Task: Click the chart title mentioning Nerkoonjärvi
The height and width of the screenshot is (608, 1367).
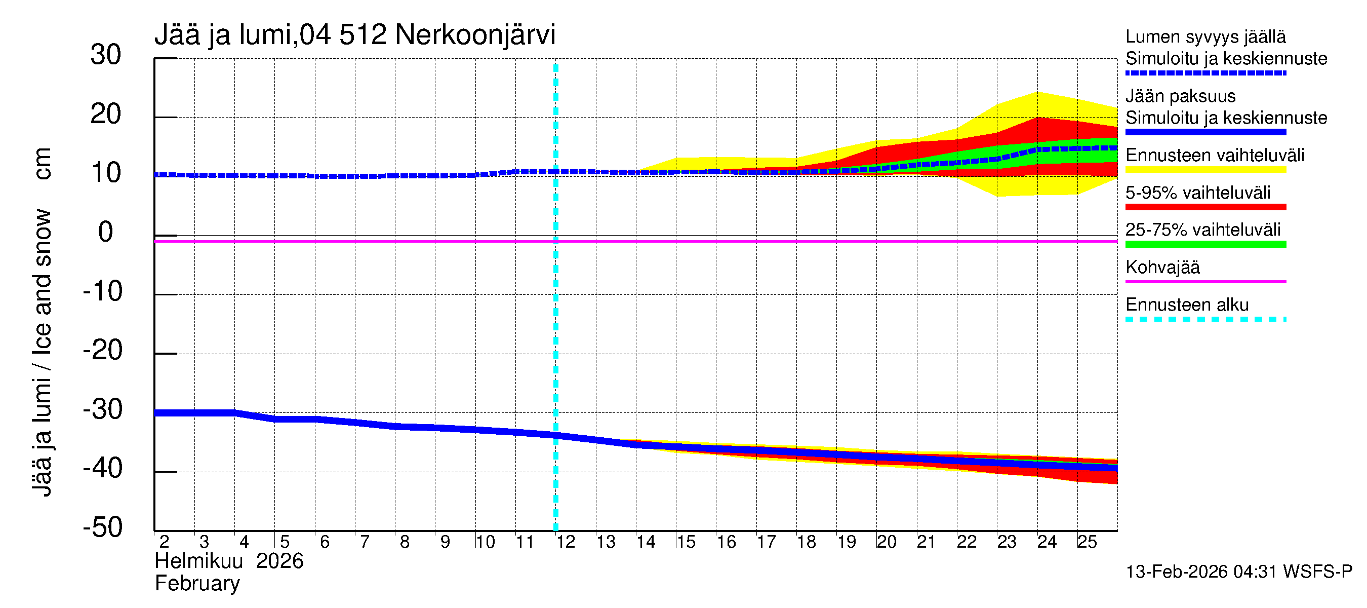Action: click(x=354, y=35)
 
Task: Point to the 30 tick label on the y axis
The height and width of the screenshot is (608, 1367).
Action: click(x=106, y=55)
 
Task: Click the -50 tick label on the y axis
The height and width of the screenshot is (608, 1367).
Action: click(x=103, y=527)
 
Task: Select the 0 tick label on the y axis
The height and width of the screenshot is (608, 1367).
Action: click(x=106, y=232)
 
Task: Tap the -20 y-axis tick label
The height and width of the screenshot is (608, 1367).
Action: click(x=103, y=351)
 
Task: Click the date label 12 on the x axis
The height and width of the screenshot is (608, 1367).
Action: click(x=566, y=542)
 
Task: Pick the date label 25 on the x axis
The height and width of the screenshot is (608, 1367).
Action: click(x=1087, y=542)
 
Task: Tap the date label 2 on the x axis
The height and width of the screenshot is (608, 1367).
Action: click(x=164, y=542)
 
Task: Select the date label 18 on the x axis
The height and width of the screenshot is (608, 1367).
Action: click(x=806, y=542)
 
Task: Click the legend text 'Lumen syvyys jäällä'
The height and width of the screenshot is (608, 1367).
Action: click(x=1205, y=36)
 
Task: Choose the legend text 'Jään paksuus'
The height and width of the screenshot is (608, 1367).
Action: click(x=1181, y=96)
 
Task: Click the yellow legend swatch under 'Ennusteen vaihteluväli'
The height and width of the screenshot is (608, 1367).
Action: click(x=1205, y=169)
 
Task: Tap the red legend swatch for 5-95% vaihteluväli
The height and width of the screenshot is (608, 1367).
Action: click(x=1205, y=207)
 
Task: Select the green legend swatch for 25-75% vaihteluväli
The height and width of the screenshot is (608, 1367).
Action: click(x=1205, y=244)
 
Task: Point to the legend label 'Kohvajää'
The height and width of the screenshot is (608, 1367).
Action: click(x=1162, y=267)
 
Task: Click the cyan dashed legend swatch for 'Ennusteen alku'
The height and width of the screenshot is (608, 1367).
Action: click(x=1205, y=319)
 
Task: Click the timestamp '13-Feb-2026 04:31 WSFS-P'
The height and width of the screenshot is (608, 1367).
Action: click(x=1239, y=572)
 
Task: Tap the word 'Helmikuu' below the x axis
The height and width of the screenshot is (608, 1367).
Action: click(x=198, y=561)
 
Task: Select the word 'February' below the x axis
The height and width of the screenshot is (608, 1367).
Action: click(x=197, y=584)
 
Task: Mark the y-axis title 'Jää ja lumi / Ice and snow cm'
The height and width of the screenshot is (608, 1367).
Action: click(x=42, y=322)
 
